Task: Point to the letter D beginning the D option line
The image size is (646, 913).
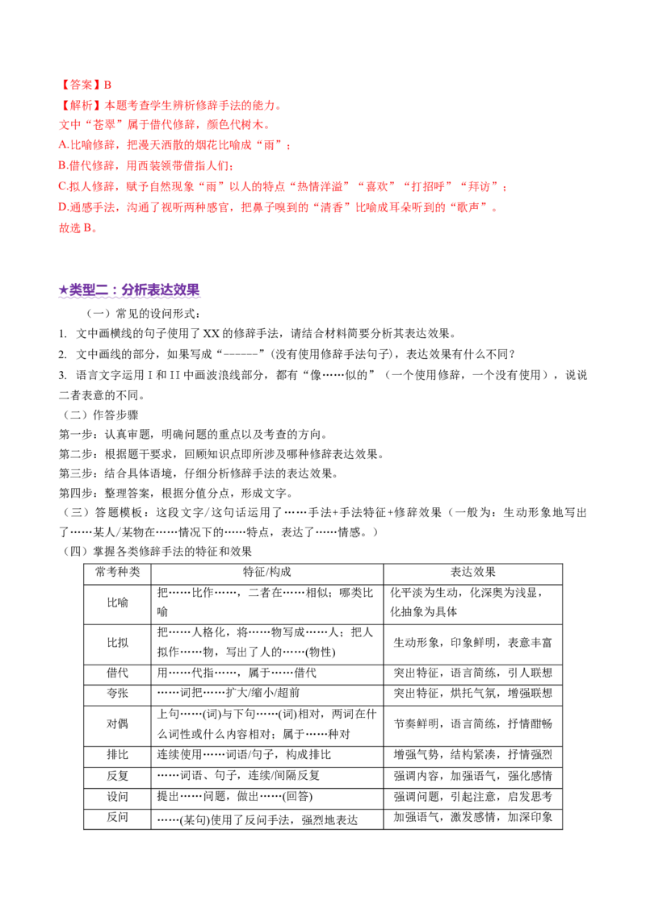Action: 62,208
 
